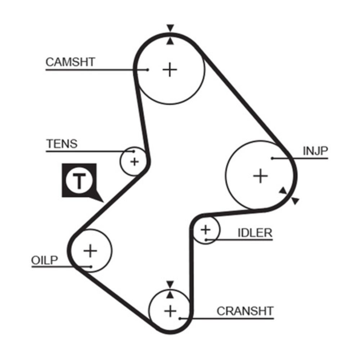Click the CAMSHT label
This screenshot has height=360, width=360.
[x=70, y=62]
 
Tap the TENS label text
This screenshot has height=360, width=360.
[x=62, y=144]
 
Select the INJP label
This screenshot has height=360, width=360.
[x=315, y=151]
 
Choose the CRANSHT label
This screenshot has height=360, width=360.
[x=245, y=311]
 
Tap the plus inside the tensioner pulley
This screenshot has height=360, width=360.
[x=134, y=161]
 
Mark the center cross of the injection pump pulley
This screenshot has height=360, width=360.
[x=260, y=176]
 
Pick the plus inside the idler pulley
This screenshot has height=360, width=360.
[x=205, y=229]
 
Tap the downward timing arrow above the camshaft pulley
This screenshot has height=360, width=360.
[x=170, y=28]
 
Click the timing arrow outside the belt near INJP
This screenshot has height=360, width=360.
[x=295, y=201]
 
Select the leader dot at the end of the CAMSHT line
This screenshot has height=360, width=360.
[x=148, y=69]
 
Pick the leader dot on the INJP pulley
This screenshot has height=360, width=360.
[x=273, y=158]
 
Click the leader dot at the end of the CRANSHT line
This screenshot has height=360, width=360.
[x=180, y=318]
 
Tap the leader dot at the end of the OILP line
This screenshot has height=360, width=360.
[x=91, y=267]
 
